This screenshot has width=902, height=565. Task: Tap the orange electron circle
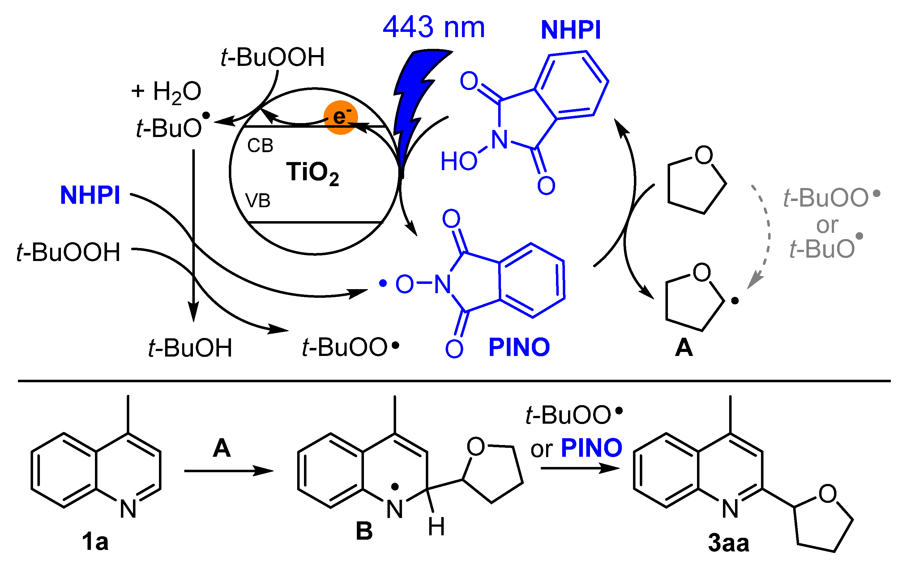coord(340,117)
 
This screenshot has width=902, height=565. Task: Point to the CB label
coord(260,145)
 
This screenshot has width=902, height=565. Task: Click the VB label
coord(258,201)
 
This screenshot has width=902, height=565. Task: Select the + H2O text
coord(166,92)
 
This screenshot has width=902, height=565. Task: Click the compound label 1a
coord(95,542)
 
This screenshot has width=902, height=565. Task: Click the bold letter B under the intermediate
coord(364,531)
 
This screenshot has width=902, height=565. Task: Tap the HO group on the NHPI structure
coord(459,161)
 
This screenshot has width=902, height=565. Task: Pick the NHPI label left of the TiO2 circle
coord(90,195)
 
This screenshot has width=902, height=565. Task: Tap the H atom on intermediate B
coord(436,527)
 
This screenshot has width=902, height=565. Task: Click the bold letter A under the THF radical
coord(684,348)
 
